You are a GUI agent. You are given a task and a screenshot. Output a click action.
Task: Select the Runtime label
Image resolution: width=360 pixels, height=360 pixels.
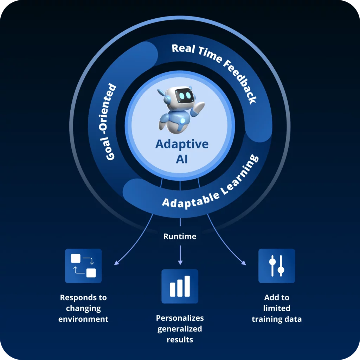click(x=180, y=236)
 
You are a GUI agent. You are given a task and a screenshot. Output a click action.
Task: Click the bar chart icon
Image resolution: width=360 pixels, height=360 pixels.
click(x=180, y=286)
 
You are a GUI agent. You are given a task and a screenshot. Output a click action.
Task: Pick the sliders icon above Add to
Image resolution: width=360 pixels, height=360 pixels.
click(x=276, y=266)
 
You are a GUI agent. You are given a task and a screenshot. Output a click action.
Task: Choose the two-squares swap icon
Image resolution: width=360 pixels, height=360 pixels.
click(x=83, y=265)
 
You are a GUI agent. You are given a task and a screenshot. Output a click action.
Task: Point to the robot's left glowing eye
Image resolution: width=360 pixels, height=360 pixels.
click(x=181, y=95)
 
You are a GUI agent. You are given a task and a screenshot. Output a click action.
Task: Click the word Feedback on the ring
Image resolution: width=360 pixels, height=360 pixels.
click(x=243, y=83)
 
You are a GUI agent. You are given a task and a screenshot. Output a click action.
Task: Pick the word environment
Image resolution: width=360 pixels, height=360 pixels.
click(x=83, y=319)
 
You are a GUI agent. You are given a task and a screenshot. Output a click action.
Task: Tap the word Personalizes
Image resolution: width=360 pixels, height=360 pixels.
click(x=180, y=318)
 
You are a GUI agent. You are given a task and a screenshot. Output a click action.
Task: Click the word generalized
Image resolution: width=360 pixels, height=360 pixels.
click(x=180, y=329)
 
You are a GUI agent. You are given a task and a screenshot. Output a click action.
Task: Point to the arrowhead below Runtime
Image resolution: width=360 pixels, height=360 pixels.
click(x=180, y=262)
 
